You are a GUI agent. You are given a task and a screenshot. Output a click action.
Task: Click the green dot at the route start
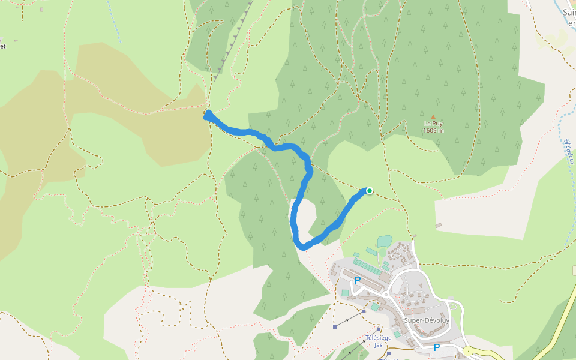click(370, 191)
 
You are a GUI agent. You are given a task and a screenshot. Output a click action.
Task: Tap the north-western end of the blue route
click(208, 115)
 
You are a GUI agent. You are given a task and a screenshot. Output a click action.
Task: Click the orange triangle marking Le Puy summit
click(433, 116)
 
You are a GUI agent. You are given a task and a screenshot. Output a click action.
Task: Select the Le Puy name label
click(433, 124)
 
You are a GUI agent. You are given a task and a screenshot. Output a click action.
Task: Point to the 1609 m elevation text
click(433, 130)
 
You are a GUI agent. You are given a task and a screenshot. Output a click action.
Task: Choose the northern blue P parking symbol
click(358, 280)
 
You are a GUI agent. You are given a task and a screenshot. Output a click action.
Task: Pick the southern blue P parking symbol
click(437, 347)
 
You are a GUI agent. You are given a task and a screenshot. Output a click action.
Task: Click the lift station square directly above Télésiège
click(379, 329)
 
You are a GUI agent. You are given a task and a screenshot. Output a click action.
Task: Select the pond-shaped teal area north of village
click(385, 241)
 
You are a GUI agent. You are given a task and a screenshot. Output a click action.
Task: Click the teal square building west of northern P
click(345, 293)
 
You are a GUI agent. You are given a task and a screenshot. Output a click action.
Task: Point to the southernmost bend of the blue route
click(303, 246)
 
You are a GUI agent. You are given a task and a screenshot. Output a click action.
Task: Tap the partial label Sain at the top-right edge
click(569, 11)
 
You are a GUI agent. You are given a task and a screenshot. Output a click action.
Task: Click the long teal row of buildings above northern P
click(367, 266)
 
